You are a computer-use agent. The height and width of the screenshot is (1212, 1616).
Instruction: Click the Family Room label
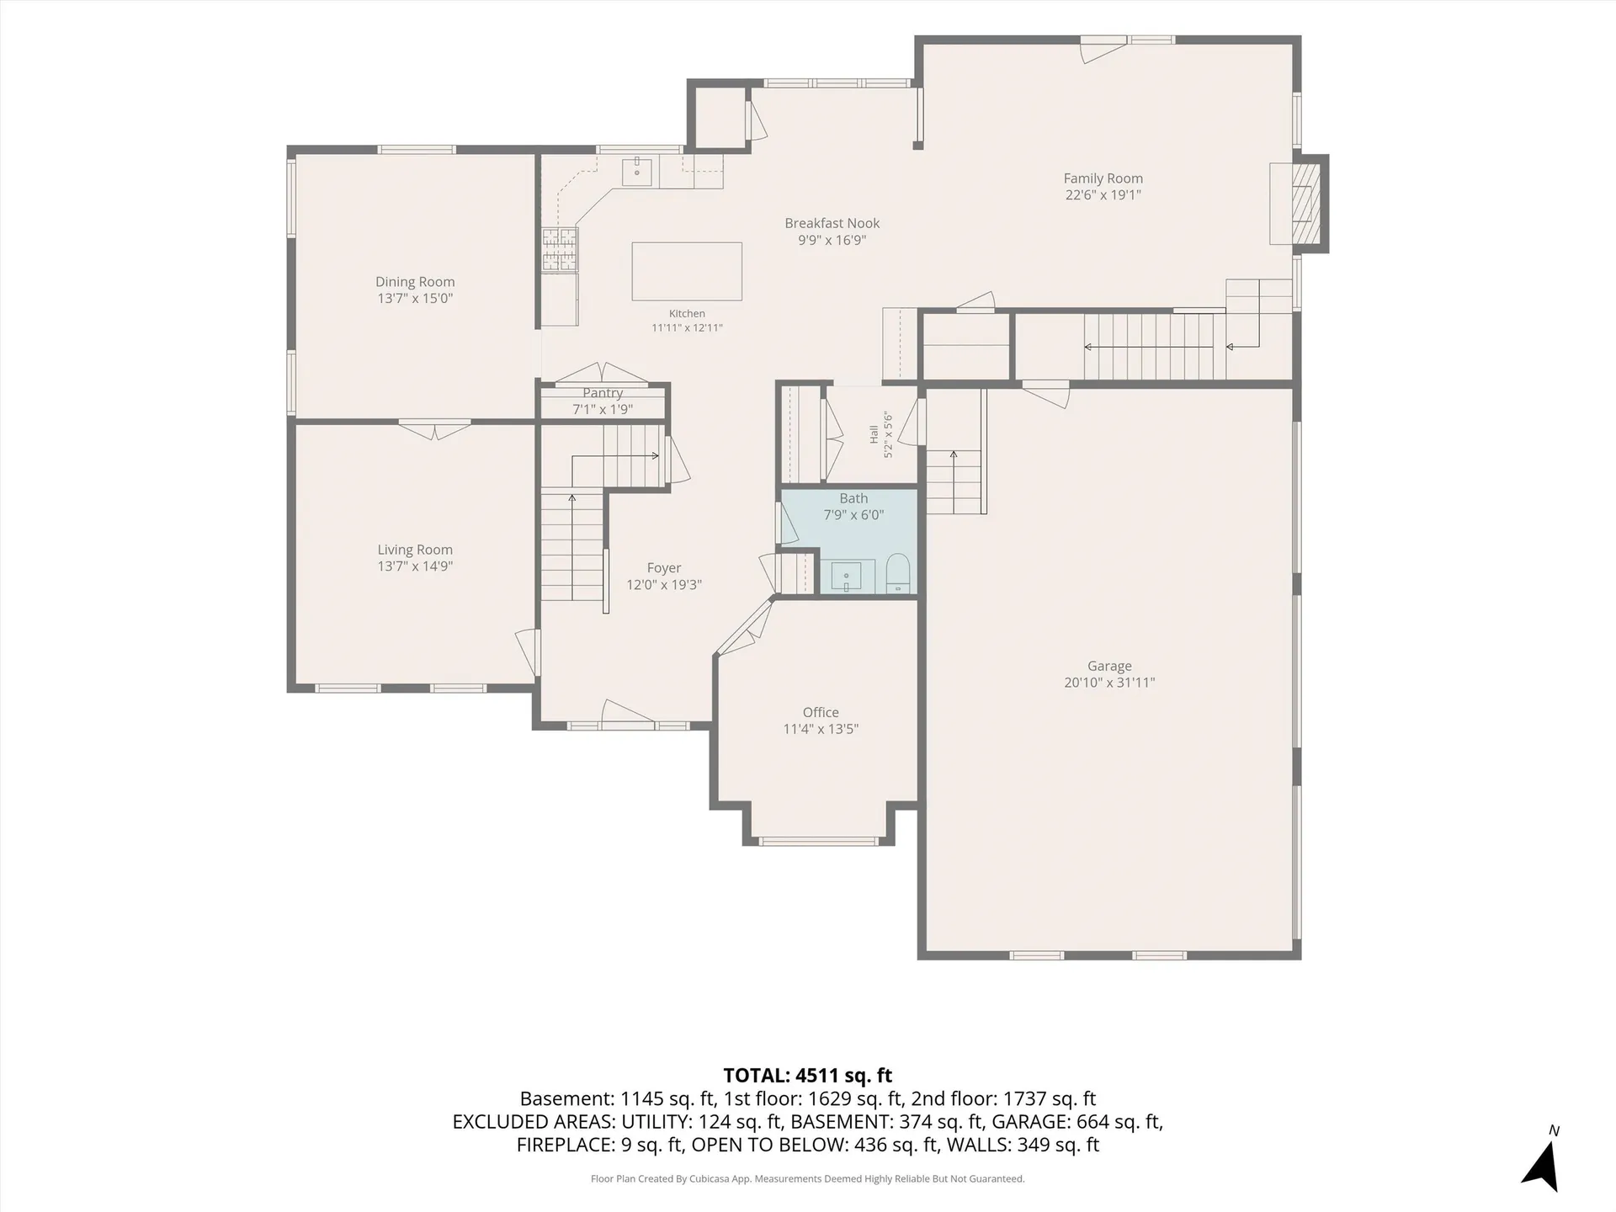point(1103,178)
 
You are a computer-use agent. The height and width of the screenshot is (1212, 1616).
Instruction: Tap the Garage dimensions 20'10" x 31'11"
point(1109,683)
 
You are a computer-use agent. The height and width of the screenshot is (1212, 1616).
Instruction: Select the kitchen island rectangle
point(687,271)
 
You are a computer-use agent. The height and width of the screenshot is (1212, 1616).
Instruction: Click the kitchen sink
point(637,172)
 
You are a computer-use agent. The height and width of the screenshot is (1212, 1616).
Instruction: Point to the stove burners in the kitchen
point(560,250)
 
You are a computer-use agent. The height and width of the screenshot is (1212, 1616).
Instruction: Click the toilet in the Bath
point(898,573)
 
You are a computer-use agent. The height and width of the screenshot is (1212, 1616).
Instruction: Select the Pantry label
point(603,393)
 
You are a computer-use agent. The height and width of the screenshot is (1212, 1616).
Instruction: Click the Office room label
point(821,713)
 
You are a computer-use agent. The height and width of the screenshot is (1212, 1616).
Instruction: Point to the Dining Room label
point(415,282)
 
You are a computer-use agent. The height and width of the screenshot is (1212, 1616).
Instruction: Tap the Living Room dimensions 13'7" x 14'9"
point(415,566)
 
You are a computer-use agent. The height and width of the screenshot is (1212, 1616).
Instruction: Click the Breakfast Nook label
point(832,223)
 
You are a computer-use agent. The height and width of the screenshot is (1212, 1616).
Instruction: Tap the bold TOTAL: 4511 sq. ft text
point(808,1076)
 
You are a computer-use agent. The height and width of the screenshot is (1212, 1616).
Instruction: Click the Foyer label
point(664,568)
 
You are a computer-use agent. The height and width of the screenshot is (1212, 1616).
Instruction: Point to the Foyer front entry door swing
point(628,711)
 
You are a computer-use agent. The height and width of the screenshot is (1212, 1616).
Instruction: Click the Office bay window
point(819,841)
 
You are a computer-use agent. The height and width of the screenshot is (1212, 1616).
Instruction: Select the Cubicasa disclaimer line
point(808,1179)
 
